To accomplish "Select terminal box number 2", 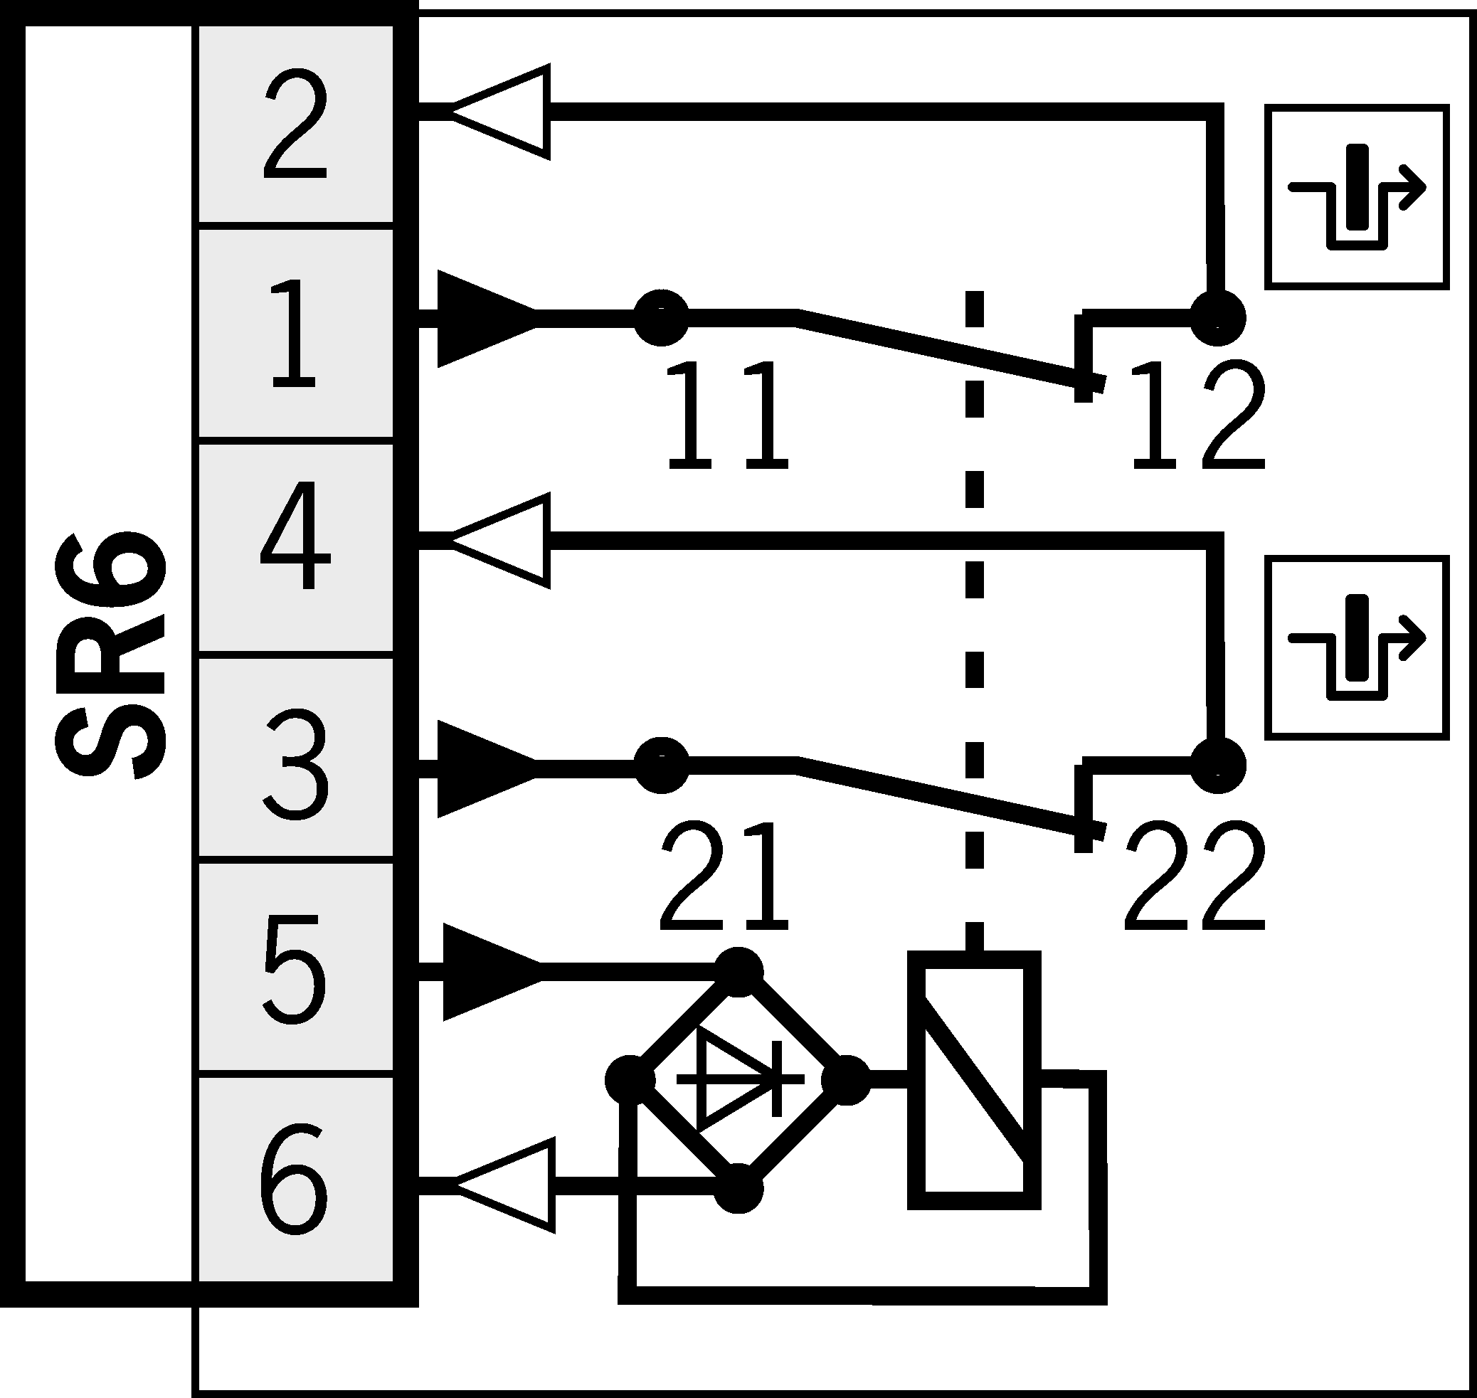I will (x=295, y=125).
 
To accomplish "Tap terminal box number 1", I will (x=295, y=333).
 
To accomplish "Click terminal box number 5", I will (x=295, y=969).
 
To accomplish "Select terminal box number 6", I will (x=295, y=1177).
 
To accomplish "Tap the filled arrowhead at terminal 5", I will (x=488, y=972).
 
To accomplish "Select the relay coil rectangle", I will (x=974, y=1081).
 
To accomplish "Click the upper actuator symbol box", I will (x=1357, y=198).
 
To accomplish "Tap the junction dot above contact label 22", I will (x=1217, y=765).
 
